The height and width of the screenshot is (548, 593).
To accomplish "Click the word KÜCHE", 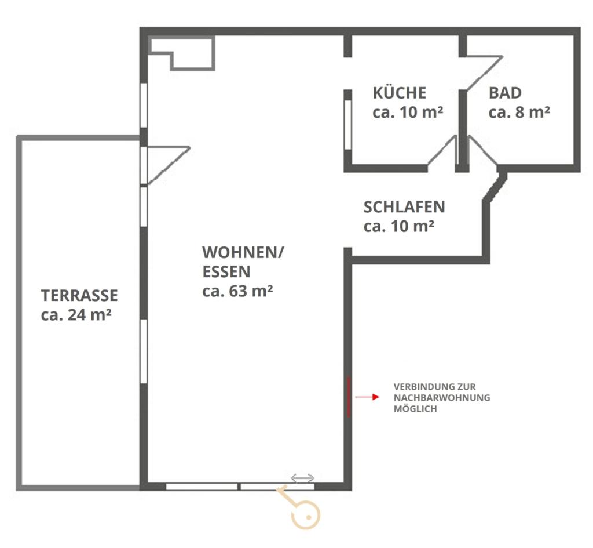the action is (x=400, y=92).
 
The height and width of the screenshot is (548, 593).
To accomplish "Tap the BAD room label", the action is (x=505, y=93).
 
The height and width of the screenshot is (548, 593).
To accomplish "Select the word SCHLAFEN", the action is (x=404, y=207).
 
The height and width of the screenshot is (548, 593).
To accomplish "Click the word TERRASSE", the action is (x=79, y=295).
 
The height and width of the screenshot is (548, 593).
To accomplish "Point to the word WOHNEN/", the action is (x=243, y=252).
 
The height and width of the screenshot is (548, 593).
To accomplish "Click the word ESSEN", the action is (x=226, y=271).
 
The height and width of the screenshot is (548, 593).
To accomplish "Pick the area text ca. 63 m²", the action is (x=237, y=291).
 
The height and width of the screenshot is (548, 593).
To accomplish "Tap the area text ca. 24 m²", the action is (x=76, y=315).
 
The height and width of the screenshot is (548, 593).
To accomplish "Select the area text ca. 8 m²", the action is (x=519, y=112).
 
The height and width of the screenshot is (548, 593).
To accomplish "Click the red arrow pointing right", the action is (x=367, y=397).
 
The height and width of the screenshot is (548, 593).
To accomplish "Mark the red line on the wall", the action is (x=349, y=397).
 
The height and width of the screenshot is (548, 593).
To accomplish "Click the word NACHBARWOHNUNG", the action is (x=442, y=398).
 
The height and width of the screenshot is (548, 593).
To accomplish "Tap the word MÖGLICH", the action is (x=415, y=409).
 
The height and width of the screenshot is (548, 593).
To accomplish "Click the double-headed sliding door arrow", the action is (x=302, y=478).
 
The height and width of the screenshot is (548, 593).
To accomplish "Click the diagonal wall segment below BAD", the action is (x=496, y=187).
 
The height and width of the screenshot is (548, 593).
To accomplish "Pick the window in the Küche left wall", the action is (x=348, y=125).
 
